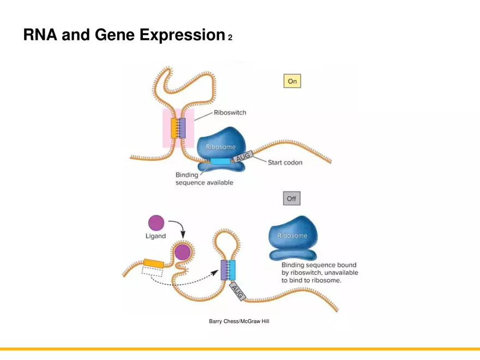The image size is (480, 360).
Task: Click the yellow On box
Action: click(292, 81)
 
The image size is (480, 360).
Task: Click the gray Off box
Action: click(291, 199)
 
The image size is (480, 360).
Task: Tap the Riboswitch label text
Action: click(230, 113)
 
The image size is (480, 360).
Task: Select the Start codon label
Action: click(285, 162)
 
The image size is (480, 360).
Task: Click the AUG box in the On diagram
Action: click(242, 158)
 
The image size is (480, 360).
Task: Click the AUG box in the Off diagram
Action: click(238, 291)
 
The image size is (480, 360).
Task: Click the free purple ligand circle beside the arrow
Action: click(156, 223)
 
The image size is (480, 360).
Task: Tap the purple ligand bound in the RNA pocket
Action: click(182, 252)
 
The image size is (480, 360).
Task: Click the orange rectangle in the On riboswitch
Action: click(175, 128)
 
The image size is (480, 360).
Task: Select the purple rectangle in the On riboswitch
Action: click(183, 128)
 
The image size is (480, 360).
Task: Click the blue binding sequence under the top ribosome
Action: click(220, 161)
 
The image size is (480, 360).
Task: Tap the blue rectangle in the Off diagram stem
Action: click(232, 270)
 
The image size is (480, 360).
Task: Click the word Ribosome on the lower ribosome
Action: click(292, 236)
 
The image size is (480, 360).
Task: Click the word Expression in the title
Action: click(182, 35)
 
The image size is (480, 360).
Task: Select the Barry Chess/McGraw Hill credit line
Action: click(239, 321)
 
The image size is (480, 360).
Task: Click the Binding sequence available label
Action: click(204, 179)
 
